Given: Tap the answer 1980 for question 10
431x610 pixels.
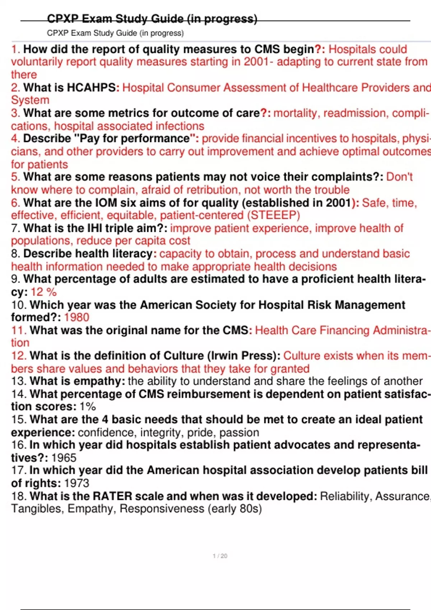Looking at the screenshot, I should [x=77, y=317].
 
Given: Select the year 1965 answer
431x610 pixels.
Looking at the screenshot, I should [x=64, y=457].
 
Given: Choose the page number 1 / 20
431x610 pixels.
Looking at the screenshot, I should [x=220, y=556].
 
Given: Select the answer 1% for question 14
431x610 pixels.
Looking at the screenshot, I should [x=88, y=407].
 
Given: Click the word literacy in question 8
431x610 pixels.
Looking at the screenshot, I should [x=133, y=253].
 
